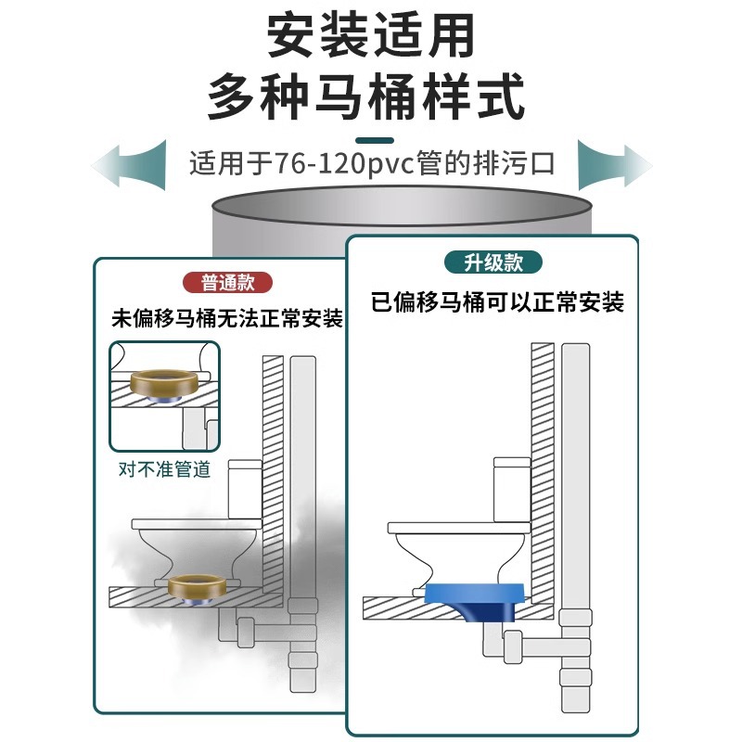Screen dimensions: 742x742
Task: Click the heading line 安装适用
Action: (x=371, y=37)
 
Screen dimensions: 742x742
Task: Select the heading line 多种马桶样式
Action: (x=371, y=96)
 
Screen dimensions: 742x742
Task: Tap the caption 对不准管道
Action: (x=164, y=468)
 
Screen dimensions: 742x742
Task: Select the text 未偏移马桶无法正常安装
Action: (x=226, y=319)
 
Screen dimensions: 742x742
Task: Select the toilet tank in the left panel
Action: (x=247, y=488)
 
